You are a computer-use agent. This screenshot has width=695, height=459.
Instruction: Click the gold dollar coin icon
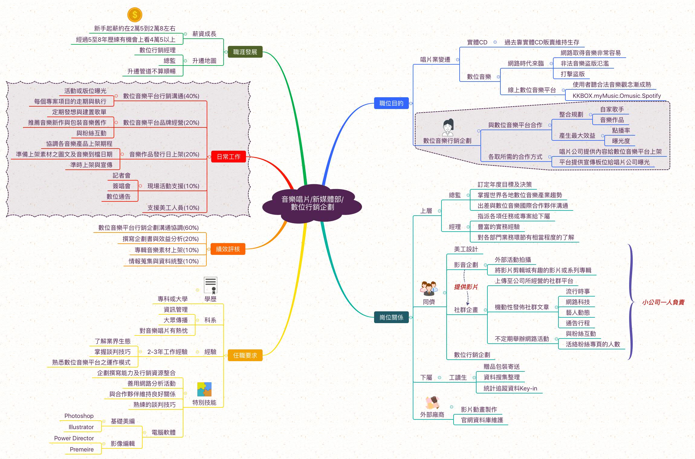point(135,14)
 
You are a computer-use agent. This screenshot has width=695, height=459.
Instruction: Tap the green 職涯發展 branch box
point(245,52)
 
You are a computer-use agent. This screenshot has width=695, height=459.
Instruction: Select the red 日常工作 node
point(229,157)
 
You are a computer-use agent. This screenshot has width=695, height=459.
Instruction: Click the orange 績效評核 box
point(228,249)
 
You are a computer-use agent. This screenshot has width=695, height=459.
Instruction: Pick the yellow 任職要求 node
point(245,355)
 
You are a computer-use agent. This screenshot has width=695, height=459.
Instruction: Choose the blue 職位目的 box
point(391,103)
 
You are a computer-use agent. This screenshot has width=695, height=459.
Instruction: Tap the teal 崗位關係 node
point(391,317)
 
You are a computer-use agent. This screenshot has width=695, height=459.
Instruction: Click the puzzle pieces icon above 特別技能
point(204,390)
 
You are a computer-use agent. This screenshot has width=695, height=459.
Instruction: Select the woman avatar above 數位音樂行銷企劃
point(448,127)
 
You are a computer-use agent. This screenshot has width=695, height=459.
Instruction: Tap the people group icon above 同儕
point(429,289)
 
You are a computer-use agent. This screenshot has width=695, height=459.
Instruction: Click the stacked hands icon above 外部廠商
point(432,403)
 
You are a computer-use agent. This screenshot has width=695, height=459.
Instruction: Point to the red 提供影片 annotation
point(466,287)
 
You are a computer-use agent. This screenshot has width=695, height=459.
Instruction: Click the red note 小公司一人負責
point(663,302)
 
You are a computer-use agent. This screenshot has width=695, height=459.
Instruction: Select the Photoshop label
point(79,416)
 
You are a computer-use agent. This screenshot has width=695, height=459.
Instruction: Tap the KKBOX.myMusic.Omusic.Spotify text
point(617,96)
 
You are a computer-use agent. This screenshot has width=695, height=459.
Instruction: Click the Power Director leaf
point(74,438)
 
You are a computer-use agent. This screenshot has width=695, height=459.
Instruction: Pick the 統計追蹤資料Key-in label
point(510,388)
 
